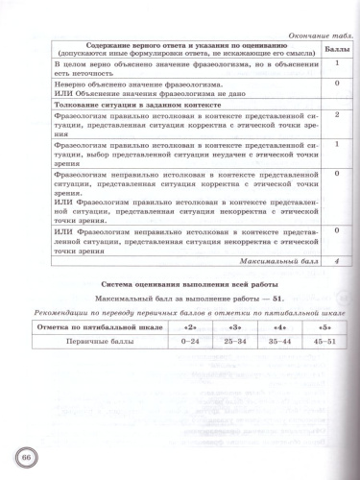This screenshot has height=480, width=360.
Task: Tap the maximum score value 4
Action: pyautogui.click(x=337, y=260)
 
